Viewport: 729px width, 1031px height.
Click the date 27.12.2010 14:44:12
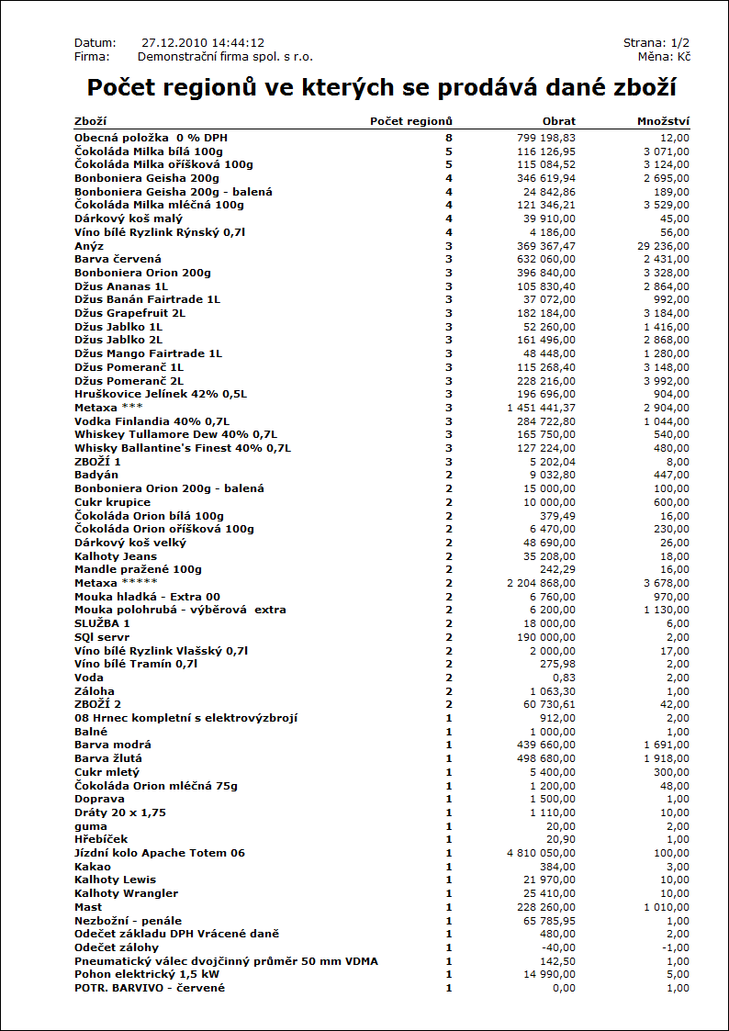(203, 43)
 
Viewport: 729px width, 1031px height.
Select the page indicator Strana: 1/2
(656, 43)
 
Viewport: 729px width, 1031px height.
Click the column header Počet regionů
(410, 121)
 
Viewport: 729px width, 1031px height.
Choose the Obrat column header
(558, 121)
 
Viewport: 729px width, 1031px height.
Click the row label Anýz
(89, 246)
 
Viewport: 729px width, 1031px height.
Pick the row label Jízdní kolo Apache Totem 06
(160, 853)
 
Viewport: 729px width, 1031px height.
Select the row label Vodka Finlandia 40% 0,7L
(151, 421)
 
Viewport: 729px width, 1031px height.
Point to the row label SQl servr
(102, 637)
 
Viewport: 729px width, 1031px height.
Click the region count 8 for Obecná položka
(449, 138)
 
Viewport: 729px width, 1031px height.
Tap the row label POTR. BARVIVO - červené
(150, 988)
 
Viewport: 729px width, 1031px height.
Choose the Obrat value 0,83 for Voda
(564, 678)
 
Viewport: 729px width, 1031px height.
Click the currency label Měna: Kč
(665, 57)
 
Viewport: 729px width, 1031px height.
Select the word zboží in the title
(636, 88)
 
